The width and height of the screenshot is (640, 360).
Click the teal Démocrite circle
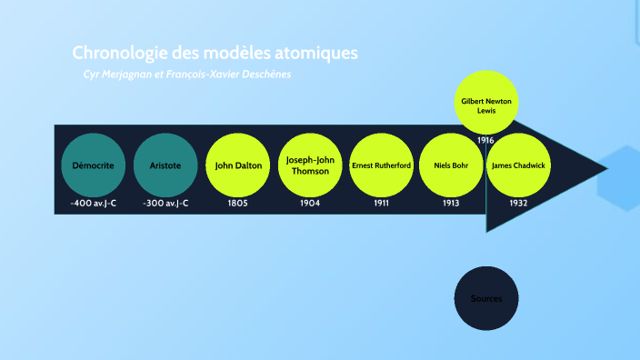tap(94, 166)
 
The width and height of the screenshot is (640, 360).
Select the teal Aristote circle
tap(165, 166)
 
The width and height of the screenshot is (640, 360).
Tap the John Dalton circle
tap(238, 166)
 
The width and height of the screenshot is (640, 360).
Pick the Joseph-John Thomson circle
tap(310, 165)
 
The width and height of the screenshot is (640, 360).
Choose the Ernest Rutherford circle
tap(382, 166)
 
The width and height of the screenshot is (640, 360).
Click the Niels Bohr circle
tap(452, 166)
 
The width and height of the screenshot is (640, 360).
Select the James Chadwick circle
tap(519, 166)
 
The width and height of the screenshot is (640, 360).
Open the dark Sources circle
tap(485, 299)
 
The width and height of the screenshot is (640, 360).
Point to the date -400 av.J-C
tap(94, 204)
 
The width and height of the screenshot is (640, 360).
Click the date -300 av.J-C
tap(165, 204)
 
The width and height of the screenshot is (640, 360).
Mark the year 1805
tap(238, 204)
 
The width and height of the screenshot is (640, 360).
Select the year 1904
tap(310, 204)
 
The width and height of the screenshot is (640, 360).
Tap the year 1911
tap(382, 204)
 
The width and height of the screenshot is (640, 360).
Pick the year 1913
tap(452, 204)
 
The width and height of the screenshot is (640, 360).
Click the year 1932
tap(519, 204)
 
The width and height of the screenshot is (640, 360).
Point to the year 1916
tap(485, 140)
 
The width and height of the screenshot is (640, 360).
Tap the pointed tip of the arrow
tap(604, 167)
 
